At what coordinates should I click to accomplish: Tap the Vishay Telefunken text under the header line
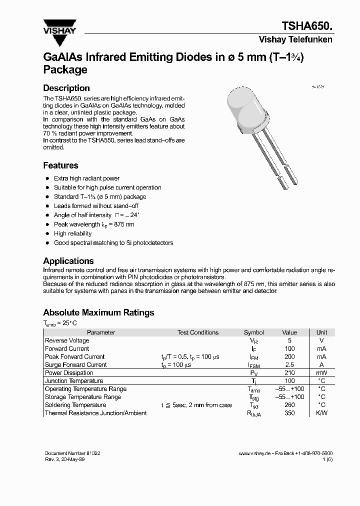295,40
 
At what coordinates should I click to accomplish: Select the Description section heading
66,88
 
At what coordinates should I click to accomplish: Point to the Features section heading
60,165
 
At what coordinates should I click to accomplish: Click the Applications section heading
68,261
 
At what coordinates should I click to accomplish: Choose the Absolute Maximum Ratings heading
98,312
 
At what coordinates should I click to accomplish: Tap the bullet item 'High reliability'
73,233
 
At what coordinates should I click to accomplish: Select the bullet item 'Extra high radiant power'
86,178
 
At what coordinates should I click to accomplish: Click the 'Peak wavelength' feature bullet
94,224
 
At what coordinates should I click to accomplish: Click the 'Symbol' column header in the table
253,332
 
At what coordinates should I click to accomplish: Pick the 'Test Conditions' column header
197,332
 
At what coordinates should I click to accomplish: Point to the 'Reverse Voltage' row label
67,340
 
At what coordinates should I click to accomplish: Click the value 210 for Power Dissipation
289,373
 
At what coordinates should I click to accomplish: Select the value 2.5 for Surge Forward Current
289,365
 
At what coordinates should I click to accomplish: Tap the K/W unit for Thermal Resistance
321,413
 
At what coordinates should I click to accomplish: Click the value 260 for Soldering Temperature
289,405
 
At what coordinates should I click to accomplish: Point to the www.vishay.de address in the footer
254,453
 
